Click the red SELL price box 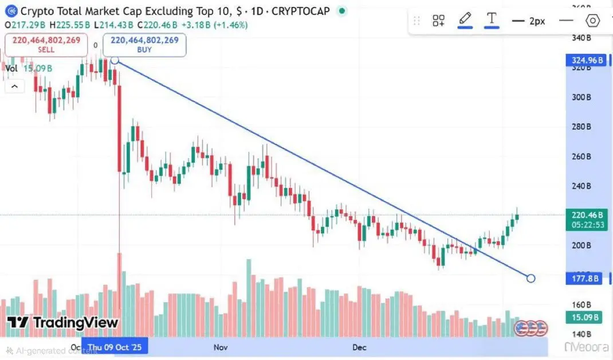click(x=46, y=45)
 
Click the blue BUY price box click(x=144, y=45)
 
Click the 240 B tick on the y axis click(x=581, y=186)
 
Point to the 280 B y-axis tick click(x=581, y=127)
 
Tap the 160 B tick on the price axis click(x=581, y=304)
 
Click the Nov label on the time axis click(x=221, y=347)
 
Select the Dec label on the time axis click(x=359, y=347)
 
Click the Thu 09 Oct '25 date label click(x=115, y=347)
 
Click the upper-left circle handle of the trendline click(x=115, y=60)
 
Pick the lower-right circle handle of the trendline click(x=531, y=278)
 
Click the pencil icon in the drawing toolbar click(x=465, y=19)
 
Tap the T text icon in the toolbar click(x=492, y=19)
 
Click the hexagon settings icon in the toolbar click(x=593, y=21)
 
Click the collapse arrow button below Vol click(x=14, y=87)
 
